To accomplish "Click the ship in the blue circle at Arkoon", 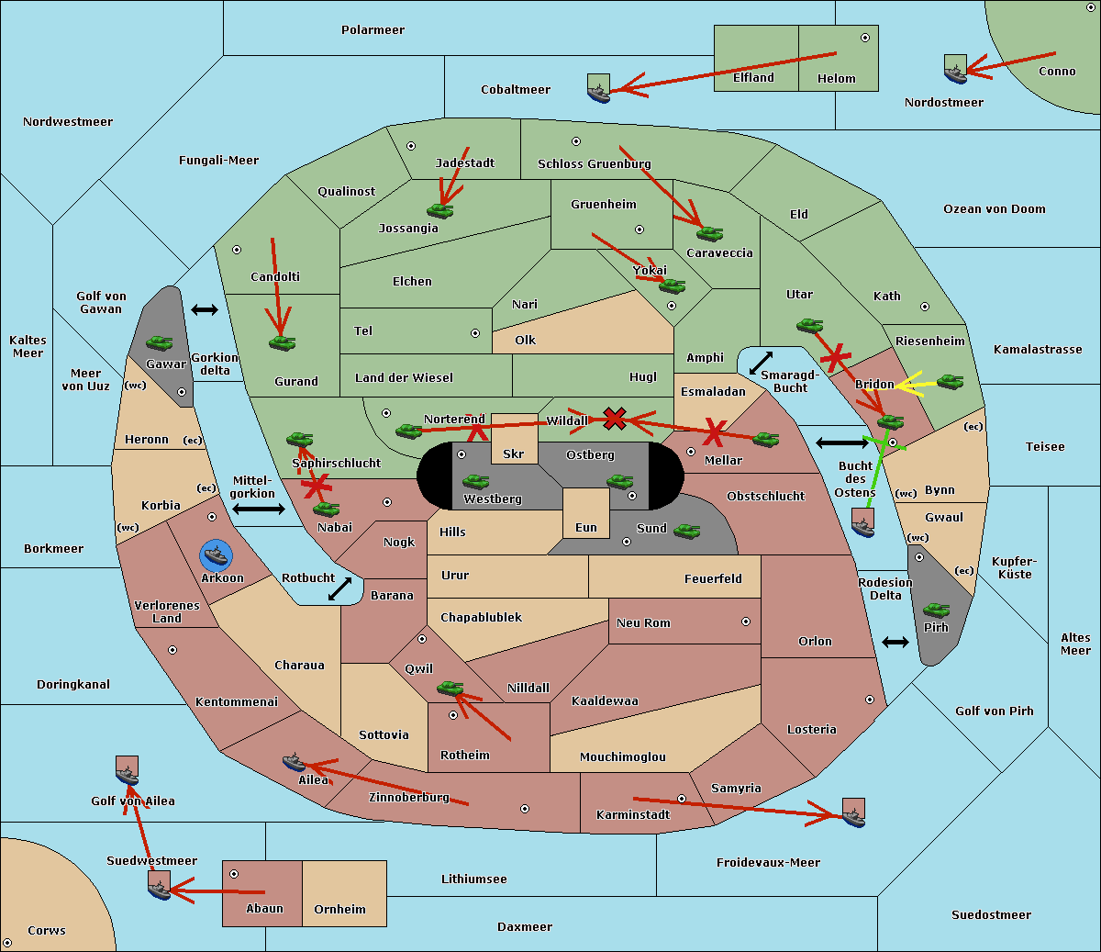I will coord(217,555).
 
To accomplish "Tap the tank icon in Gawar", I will coord(160,343).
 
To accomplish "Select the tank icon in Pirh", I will coord(936,610).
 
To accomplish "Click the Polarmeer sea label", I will coord(373,30).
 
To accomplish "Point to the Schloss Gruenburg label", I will coord(594,164).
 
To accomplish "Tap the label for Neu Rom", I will coord(643,623).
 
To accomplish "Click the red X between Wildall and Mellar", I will coord(615,419).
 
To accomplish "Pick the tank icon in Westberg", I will coord(475,481).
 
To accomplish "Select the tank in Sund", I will coord(687,531).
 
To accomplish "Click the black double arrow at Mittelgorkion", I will coord(259,509).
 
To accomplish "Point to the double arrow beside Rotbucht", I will coord(340,588).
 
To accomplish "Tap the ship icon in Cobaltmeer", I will coord(598,91).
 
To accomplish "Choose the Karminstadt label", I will coord(633,815).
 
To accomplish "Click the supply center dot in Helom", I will coord(864,38).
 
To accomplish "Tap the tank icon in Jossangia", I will coord(440,211).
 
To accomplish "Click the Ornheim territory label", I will coord(339,910).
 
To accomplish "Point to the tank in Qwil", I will coord(450,688).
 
